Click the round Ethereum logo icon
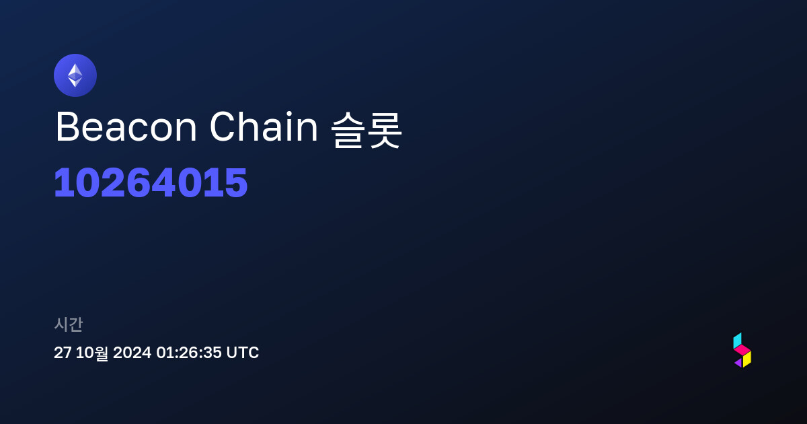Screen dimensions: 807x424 (x=75, y=75)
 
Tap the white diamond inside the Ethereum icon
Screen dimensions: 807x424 (x=75, y=75)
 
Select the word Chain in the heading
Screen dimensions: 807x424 (x=264, y=127)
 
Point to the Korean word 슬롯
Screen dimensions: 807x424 (x=366, y=130)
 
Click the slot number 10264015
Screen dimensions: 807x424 (x=151, y=183)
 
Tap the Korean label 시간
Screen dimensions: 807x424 (x=68, y=324)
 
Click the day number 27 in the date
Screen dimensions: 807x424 (x=63, y=353)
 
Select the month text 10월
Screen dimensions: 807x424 (x=92, y=353)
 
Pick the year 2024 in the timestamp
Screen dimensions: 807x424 (x=132, y=353)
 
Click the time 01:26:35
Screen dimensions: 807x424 (x=189, y=353)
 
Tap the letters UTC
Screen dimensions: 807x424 (x=243, y=353)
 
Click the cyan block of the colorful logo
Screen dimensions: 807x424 (x=738, y=341)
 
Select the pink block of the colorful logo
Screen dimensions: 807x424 (x=742, y=350)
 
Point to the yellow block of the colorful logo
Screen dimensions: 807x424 (x=747, y=359)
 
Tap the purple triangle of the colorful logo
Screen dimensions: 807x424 (x=739, y=363)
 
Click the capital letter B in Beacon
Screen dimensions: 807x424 (x=67, y=127)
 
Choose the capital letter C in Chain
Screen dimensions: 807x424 (x=223, y=127)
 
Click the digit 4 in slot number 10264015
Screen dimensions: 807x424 (x=163, y=183)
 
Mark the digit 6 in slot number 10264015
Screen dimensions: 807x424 (x=138, y=183)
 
